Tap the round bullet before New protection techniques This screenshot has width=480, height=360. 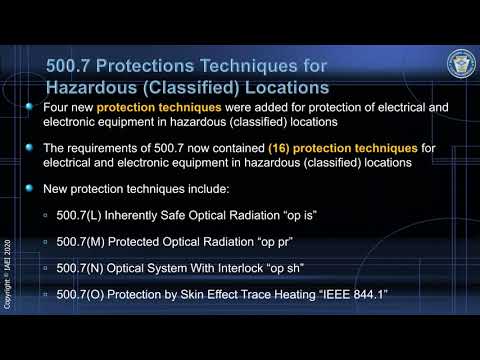[34, 187]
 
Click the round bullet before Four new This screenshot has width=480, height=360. [34, 106]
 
